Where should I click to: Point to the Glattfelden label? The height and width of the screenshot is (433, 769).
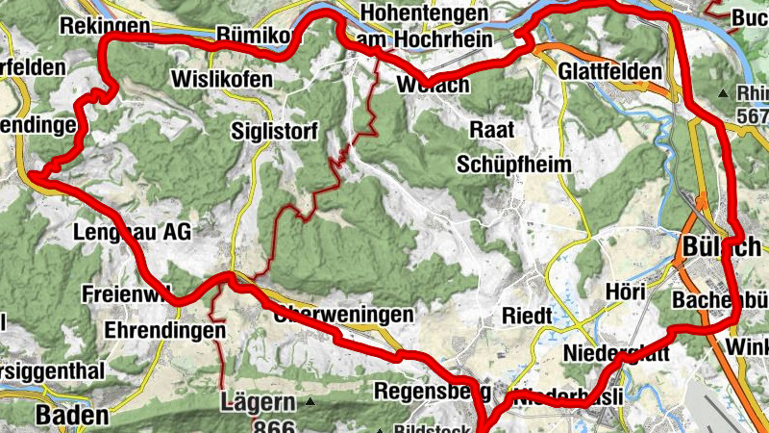(610, 71)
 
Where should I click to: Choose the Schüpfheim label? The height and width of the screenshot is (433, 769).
(513, 163)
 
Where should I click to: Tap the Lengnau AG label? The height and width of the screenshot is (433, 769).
(133, 232)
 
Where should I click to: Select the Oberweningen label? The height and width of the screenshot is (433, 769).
(343, 315)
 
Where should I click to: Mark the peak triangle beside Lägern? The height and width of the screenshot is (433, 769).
(310, 401)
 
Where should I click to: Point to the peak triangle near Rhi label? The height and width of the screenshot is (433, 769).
(724, 93)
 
